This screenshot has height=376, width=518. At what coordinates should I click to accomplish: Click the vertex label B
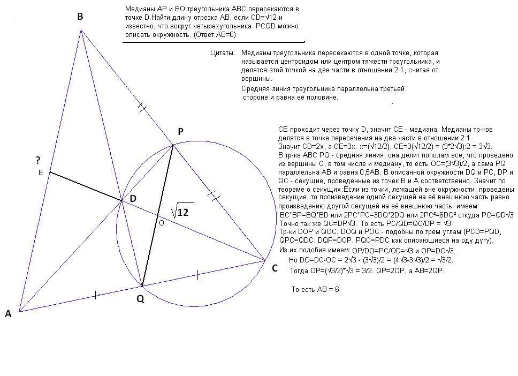[80, 17]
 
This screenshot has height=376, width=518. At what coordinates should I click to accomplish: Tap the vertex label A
[8, 314]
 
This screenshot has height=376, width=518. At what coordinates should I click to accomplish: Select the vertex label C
[275, 268]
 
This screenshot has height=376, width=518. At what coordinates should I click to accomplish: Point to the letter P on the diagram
[180, 131]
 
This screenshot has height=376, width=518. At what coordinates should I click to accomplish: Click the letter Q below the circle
[140, 299]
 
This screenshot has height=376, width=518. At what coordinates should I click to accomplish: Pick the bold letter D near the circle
[133, 199]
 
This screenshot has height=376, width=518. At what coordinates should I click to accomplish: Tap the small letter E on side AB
[41, 173]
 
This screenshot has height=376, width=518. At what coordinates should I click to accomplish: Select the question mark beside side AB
[38, 160]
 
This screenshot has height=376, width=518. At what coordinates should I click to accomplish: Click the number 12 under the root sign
[182, 212]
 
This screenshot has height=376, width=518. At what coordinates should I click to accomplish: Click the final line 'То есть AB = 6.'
[315, 289]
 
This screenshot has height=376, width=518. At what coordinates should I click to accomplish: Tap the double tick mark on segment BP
[142, 108]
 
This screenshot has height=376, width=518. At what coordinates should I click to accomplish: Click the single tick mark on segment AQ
[96, 295]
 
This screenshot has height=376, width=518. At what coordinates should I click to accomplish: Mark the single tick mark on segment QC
[198, 275]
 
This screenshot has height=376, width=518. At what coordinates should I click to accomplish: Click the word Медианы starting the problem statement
[138, 10]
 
